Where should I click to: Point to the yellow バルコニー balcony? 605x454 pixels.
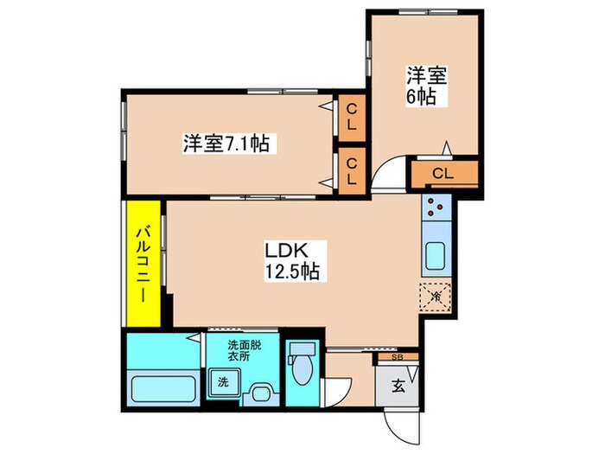[143, 263]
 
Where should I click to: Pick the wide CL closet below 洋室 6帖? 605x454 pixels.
[443, 174]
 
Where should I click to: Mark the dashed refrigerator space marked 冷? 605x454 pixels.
[435, 296]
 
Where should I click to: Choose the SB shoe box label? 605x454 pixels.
[397, 355]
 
